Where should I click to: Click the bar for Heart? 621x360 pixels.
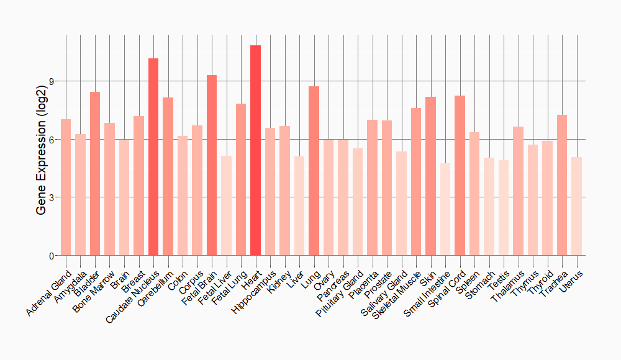pyautogui.click(x=255, y=150)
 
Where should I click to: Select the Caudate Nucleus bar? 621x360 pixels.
pyautogui.click(x=153, y=156)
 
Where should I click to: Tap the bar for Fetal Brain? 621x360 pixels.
pyautogui.click(x=212, y=165)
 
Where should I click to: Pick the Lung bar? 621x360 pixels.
pyautogui.click(x=314, y=171)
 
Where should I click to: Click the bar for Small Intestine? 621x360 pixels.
pyautogui.click(x=445, y=209)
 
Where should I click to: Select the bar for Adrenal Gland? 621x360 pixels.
pyautogui.click(x=66, y=187)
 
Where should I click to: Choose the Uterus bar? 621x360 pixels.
pyautogui.click(x=577, y=206)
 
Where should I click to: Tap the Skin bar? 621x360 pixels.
pyautogui.click(x=430, y=176)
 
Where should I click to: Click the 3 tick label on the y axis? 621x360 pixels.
pyautogui.click(x=52, y=197)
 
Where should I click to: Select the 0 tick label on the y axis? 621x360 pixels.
pyautogui.click(x=52, y=256)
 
